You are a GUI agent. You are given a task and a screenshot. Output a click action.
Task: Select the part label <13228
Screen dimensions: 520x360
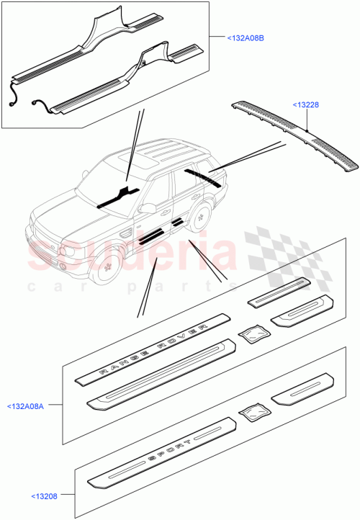306,105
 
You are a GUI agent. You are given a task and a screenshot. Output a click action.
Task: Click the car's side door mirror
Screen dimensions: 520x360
148,209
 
